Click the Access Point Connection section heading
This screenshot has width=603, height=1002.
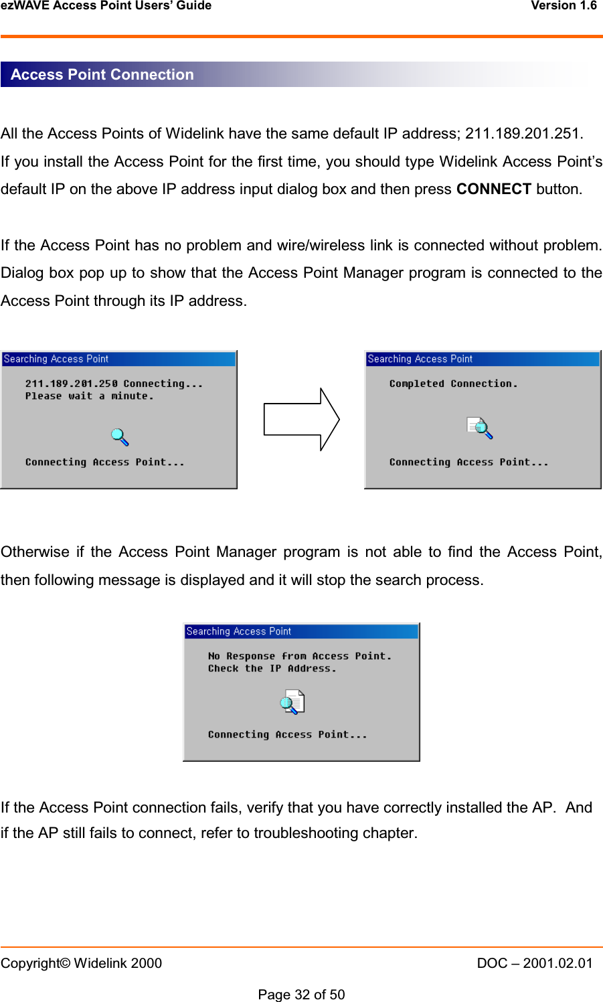point(102,74)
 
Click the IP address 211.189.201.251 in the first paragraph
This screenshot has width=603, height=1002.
point(523,133)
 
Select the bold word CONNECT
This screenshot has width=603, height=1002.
point(493,189)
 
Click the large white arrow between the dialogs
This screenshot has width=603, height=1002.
point(301,420)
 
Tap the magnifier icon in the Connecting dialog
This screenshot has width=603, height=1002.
point(120,437)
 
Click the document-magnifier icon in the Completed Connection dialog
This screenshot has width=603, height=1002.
point(480,428)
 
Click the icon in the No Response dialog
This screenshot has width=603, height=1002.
point(292,701)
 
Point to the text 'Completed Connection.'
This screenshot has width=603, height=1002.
point(453,384)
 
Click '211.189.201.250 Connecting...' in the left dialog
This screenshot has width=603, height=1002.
point(114,384)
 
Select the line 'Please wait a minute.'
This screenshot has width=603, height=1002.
point(90,396)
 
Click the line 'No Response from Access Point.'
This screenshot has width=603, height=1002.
point(299,656)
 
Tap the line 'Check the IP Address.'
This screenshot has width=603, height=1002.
point(272,668)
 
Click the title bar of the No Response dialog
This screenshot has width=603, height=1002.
point(301,631)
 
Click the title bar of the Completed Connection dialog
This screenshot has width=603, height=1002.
point(482,359)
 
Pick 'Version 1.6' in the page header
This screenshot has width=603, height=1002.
point(564,6)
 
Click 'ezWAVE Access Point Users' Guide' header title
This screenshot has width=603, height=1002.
point(106,6)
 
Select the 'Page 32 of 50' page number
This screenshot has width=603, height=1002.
point(301,995)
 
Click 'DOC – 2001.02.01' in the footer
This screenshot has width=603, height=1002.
point(535,963)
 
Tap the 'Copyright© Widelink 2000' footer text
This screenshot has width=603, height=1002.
point(81,963)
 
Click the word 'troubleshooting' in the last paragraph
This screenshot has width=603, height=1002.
point(304,833)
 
